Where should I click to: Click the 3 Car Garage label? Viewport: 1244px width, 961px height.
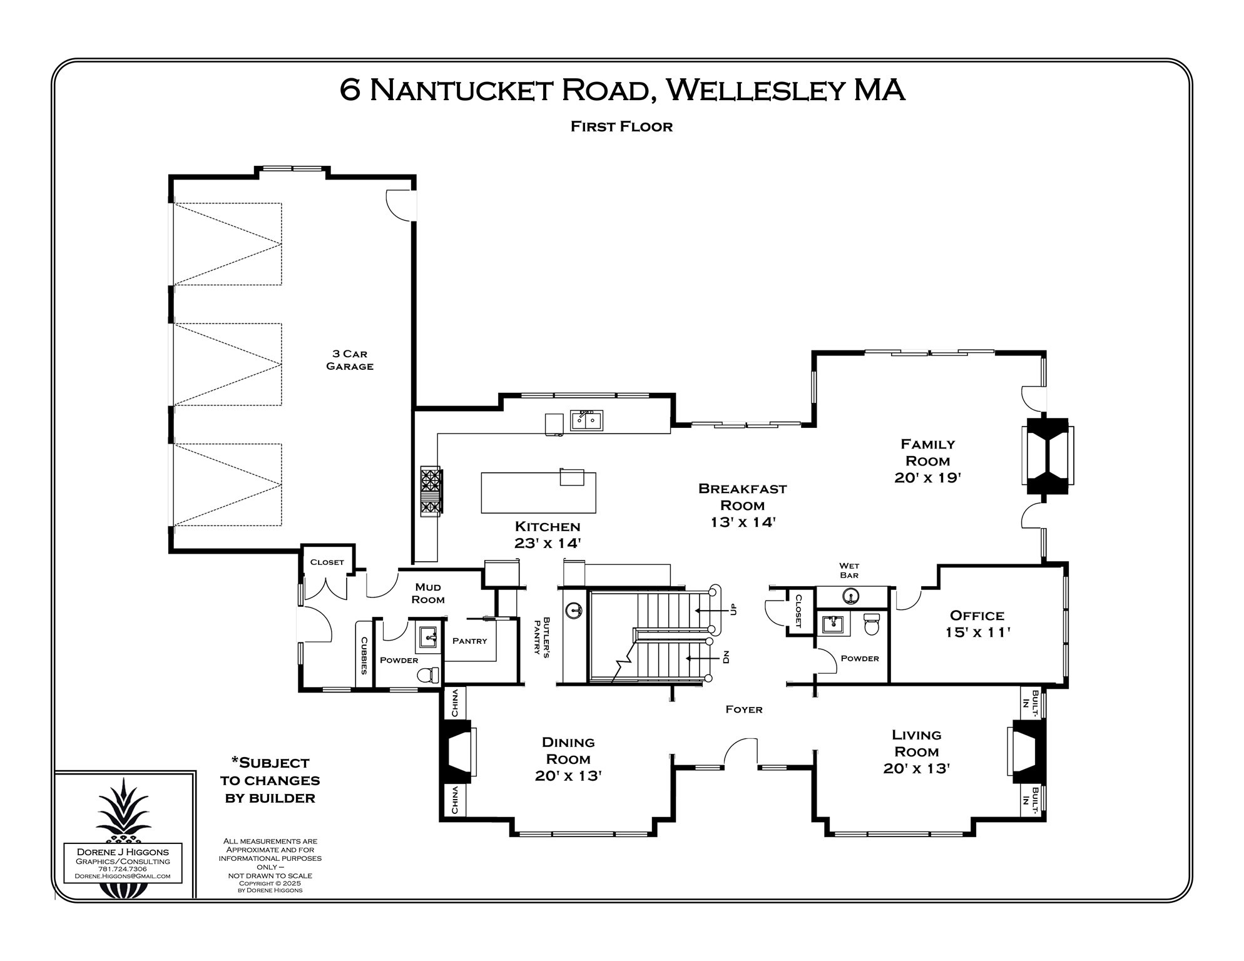(350, 360)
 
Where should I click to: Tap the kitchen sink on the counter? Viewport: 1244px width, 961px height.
(586, 420)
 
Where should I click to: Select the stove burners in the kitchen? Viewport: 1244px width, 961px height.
(431, 491)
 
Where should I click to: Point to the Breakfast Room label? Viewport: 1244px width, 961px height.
(742, 505)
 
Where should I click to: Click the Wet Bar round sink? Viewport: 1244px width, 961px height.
(850, 595)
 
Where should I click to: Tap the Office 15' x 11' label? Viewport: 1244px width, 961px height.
(977, 624)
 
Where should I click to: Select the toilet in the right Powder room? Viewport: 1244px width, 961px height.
(872, 624)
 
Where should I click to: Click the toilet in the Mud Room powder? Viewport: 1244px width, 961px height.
(428, 675)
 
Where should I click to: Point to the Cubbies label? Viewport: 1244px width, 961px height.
(364, 656)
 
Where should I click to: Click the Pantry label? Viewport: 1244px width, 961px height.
(469, 641)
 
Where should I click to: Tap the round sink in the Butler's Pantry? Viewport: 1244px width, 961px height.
(574, 609)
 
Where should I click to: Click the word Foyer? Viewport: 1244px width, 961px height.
(743, 709)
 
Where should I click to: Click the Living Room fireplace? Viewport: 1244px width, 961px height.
(1026, 752)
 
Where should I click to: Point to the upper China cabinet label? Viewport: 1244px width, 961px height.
(455, 703)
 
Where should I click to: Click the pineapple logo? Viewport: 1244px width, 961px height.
(123, 811)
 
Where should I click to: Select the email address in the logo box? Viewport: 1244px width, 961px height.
(123, 876)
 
